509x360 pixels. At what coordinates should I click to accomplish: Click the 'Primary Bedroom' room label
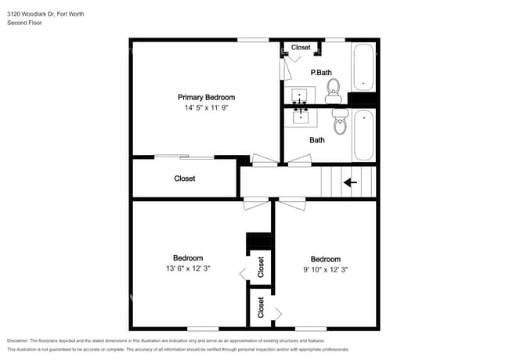[x=206, y=98]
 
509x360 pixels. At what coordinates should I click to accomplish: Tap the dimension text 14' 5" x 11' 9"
[x=206, y=110]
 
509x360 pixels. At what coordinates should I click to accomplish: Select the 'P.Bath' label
[x=320, y=73]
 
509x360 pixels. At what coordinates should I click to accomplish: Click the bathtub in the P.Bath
[x=363, y=68]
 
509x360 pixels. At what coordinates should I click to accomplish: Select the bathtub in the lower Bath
[x=363, y=136]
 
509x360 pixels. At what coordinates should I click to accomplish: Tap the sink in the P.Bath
[x=300, y=97]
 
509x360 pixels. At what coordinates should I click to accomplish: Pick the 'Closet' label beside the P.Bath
[x=301, y=48]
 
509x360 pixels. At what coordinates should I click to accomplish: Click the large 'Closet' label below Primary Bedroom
[x=185, y=178]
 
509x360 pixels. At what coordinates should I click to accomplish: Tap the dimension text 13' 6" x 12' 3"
[x=188, y=268]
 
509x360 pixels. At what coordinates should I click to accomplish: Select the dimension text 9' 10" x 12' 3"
[x=325, y=269]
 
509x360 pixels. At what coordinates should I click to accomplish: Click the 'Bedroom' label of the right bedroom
[x=325, y=259]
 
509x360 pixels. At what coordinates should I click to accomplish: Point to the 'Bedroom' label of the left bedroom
[x=188, y=258]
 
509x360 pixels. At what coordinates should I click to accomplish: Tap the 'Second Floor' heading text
[x=24, y=23]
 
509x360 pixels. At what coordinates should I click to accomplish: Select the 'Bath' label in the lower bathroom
[x=317, y=141]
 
